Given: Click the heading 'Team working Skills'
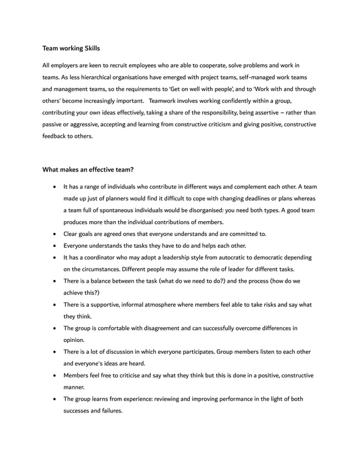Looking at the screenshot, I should [x=71, y=49].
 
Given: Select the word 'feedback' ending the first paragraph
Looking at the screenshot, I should [x=55, y=137].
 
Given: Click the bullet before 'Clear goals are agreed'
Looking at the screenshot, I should [x=54, y=234].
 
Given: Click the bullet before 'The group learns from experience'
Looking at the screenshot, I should [x=54, y=399].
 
